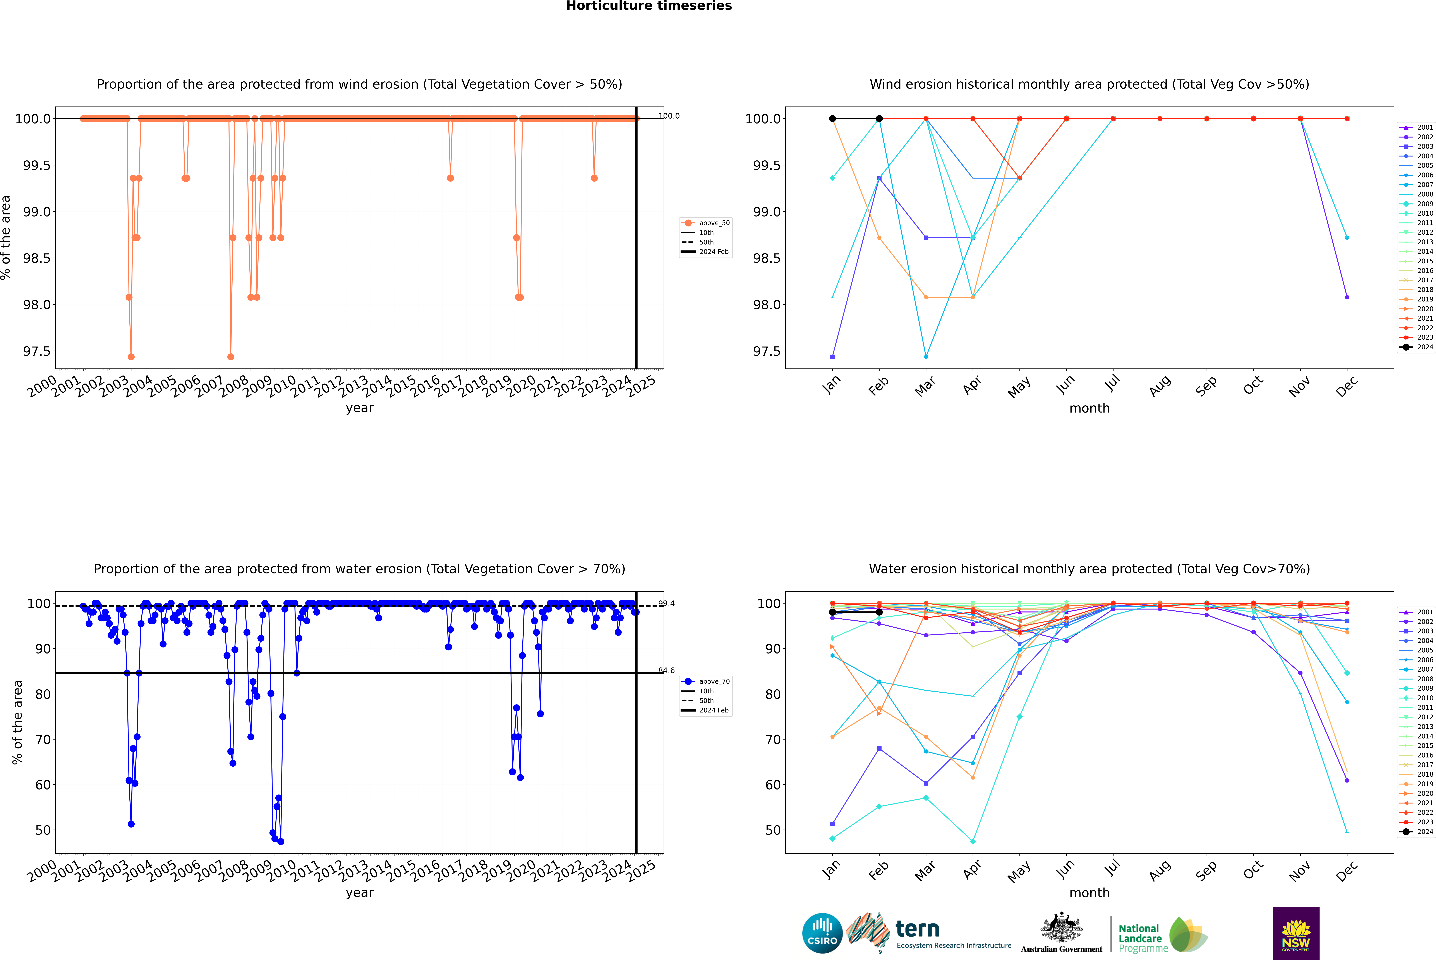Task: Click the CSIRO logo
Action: (822, 933)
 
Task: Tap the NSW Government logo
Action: (1296, 933)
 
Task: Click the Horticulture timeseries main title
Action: (649, 6)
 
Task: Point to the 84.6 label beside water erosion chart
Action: (667, 670)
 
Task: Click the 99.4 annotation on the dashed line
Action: (667, 604)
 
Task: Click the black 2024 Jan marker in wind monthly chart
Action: (832, 119)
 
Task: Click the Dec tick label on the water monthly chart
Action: (1347, 871)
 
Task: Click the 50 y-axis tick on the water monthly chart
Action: (772, 830)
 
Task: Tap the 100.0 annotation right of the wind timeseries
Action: (669, 116)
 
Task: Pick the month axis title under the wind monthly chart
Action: (1089, 408)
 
